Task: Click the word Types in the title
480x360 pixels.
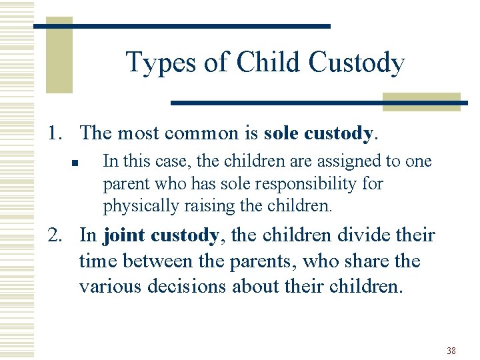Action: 160,63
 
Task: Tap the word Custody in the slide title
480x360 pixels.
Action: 357,63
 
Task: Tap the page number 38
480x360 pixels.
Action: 451,351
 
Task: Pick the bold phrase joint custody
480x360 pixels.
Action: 161,235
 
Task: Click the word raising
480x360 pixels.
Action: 195,205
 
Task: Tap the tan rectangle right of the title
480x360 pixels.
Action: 421,101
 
